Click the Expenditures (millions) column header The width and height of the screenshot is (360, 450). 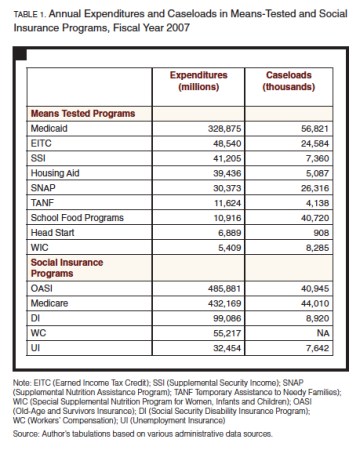199,81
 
